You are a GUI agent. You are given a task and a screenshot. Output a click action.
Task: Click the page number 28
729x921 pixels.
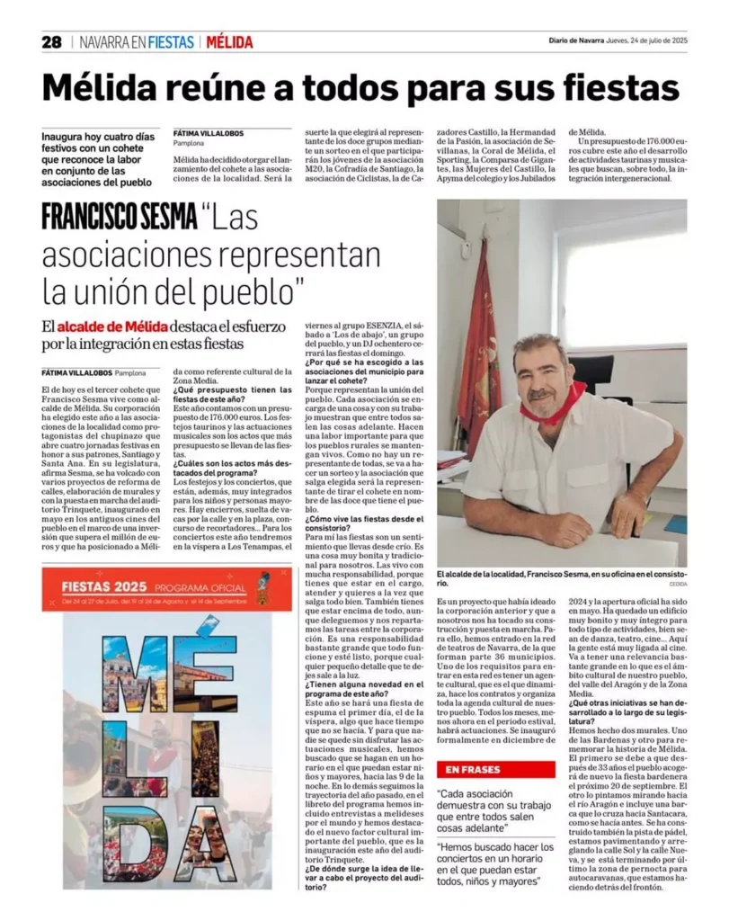(x=51, y=41)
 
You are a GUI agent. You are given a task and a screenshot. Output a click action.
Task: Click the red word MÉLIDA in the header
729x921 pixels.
(x=229, y=41)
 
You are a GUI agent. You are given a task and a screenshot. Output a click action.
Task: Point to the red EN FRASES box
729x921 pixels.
(x=495, y=769)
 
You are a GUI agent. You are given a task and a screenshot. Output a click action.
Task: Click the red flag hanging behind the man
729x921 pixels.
(x=479, y=342)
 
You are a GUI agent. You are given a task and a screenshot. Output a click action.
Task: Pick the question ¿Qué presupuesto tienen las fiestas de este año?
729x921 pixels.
(x=232, y=396)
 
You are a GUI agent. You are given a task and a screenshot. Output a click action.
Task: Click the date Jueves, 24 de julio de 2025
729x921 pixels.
(x=647, y=40)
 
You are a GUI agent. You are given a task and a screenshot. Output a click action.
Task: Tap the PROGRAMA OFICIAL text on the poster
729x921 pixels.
(x=190, y=586)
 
